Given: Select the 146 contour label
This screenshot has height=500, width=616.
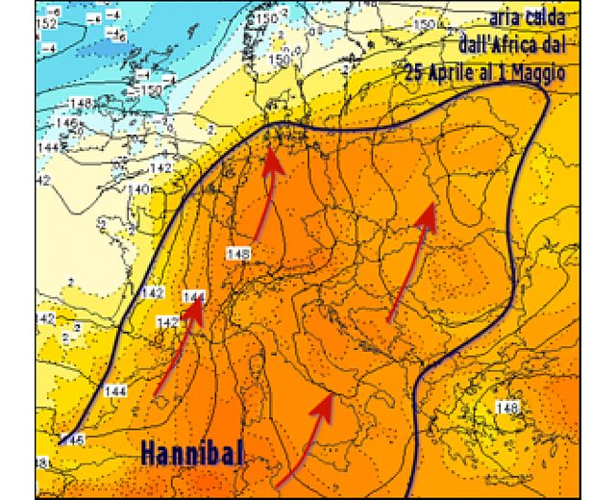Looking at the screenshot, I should pyautogui.click(x=66, y=124).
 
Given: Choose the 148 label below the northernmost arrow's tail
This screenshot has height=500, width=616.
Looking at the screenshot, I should pyautogui.click(x=238, y=253).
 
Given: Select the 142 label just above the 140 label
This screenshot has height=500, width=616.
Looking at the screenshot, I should pyautogui.click(x=161, y=167).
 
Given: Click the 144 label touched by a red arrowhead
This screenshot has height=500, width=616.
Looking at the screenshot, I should pyautogui.click(x=194, y=296).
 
